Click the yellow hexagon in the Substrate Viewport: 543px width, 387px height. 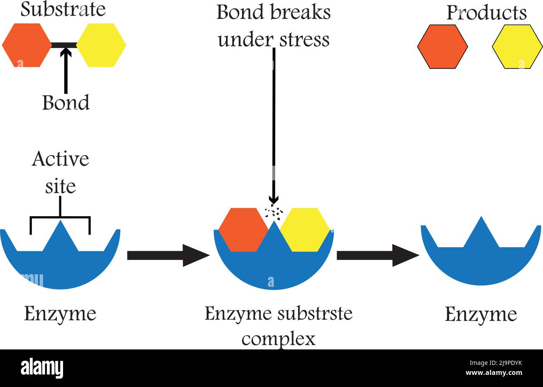pyautogui.click(x=101, y=45)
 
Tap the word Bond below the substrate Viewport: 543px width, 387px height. pyautogui.click(x=66, y=103)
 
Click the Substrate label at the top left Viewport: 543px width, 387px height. pyautogui.click(x=63, y=10)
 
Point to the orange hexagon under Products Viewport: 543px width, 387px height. pyautogui.click(x=442, y=46)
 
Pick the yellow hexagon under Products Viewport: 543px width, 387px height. pyautogui.click(x=517, y=46)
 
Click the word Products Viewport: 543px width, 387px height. pyautogui.click(x=486, y=13)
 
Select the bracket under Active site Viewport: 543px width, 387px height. pyautogui.click(x=60, y=218)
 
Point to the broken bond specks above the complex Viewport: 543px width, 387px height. pyautogui.click(x=274, y=211)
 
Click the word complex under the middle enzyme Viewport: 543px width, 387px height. pyautogui.click(x=278, y=339)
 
